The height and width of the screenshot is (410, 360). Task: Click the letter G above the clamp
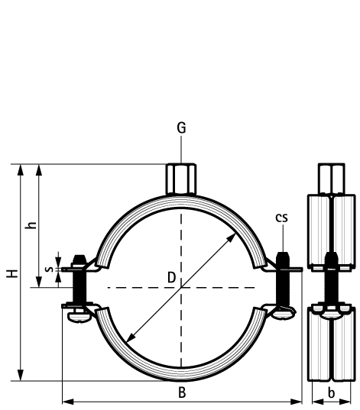[x=181, y=128]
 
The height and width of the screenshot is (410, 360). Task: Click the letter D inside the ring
[x=172, y=278]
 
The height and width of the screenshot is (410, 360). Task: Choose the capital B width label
[x=181, y=392]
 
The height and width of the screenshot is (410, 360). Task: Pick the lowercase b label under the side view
[x=330, y=392]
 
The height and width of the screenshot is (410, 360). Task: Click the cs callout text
[x=282, y=218]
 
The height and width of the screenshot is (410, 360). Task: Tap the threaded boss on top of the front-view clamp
[x=181, y=177]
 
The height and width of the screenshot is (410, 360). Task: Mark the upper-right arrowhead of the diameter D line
[x=232, y=237]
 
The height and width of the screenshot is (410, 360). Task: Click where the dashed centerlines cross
[x=181, y=288]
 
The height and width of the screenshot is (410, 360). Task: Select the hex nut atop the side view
[x=330, y=178]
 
